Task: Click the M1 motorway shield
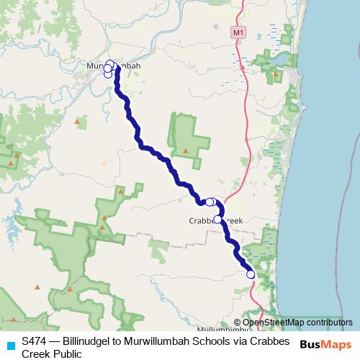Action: click(238, 32)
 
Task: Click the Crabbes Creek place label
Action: click(216, 220)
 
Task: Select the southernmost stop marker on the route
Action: click(251, 274)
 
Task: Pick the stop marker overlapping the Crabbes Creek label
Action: click(217, 219)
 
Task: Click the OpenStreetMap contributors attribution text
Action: click(297, 323)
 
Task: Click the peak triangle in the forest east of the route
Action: click(186, 150)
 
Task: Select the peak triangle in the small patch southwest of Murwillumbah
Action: click(76, 121)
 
